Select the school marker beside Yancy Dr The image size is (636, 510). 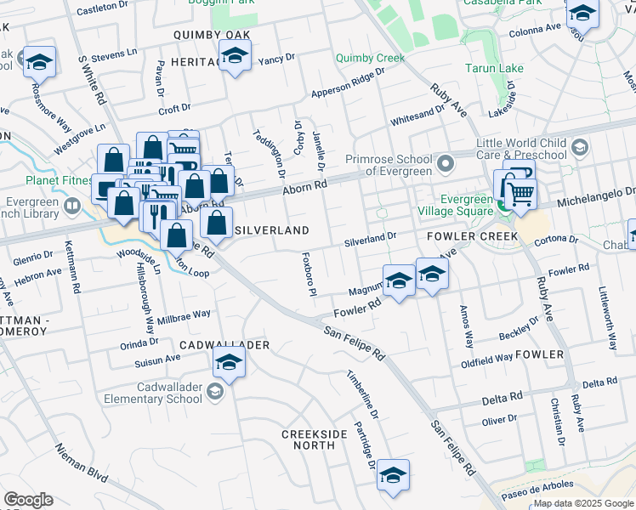pos(234,58)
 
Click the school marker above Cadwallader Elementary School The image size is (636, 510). pos(229,362)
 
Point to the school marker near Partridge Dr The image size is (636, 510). pos(393,475)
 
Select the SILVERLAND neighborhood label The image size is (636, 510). pos(271,230)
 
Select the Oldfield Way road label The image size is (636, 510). pos(487,358)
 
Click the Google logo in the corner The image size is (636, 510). pos(28,500)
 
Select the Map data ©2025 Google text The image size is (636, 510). pos(583,504)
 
